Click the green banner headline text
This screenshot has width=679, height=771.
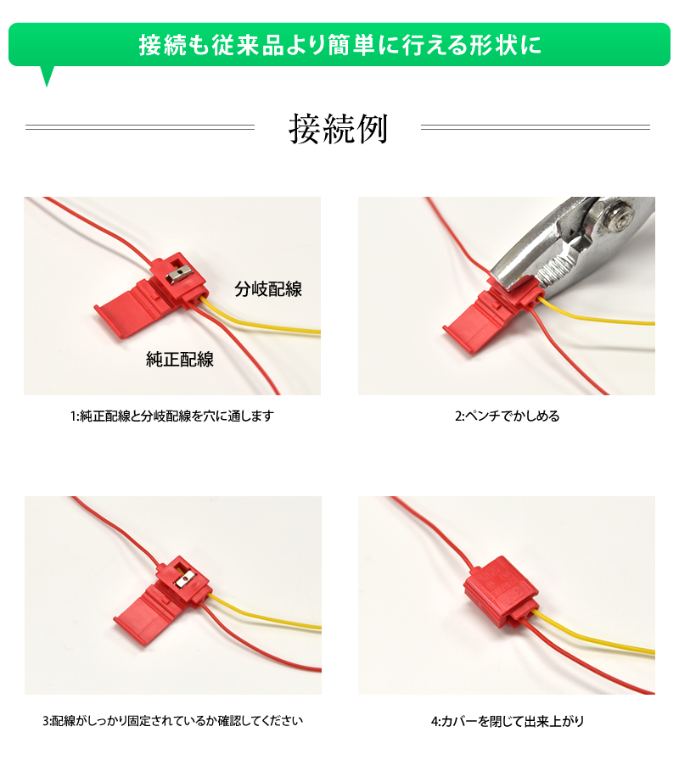340,45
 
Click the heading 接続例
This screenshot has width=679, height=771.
339,128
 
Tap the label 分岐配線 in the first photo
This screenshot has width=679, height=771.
268,289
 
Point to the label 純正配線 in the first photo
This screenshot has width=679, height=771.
180,360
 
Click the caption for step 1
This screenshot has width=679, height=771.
171,416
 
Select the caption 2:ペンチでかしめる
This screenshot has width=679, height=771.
507,416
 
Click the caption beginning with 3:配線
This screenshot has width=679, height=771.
172,721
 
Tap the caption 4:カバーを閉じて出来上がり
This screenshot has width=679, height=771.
508,721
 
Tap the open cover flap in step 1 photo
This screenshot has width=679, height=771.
128,310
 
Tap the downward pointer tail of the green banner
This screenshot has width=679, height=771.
47,75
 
